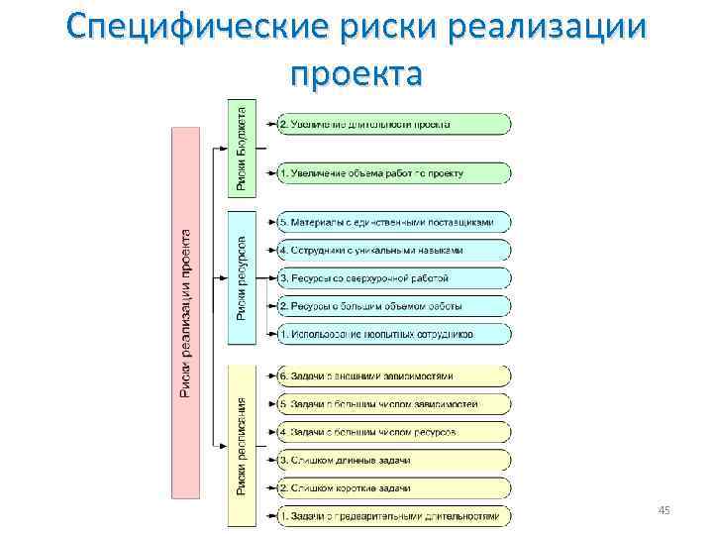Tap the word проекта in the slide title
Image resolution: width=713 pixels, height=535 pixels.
click(x=356, y=73)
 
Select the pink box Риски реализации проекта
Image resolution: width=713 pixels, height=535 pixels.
click(x=186, y=312)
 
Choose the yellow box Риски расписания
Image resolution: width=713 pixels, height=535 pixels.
click(x=243, y=445)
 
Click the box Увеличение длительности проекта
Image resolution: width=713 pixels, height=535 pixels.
click(x=394, y=124)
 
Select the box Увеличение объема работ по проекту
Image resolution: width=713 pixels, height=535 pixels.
click(x=394, y=172)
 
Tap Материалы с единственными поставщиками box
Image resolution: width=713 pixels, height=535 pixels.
click(x=394, y=222)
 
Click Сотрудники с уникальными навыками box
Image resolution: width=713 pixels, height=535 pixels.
click(x=394, y=250)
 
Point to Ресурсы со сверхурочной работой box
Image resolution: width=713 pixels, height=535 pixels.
click(x=394, y=277)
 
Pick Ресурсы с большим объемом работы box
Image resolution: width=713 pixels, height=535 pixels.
click(x=394, y=305)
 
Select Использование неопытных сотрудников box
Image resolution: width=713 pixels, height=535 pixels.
click(x=394, y=334)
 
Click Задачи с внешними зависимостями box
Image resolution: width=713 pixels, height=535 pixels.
click(x=394, y=376)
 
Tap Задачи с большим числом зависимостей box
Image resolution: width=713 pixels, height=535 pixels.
click(x=394, y=404)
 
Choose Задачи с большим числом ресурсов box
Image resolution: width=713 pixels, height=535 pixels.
click(x=394, y=432)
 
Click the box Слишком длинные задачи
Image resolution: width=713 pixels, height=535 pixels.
click(x=394, y=460)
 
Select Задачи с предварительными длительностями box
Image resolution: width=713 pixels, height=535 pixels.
click(x=394, y=516)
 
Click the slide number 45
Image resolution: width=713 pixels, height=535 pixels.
click(x=664, y=509)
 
